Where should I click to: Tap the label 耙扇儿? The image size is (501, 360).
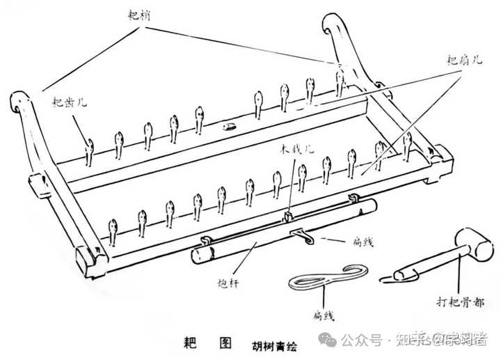click(464, 60)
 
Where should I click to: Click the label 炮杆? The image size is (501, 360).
click(228, 283)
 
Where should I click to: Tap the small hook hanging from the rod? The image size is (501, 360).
click(301, 235)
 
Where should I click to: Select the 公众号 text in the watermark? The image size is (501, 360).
click(363, 340)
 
